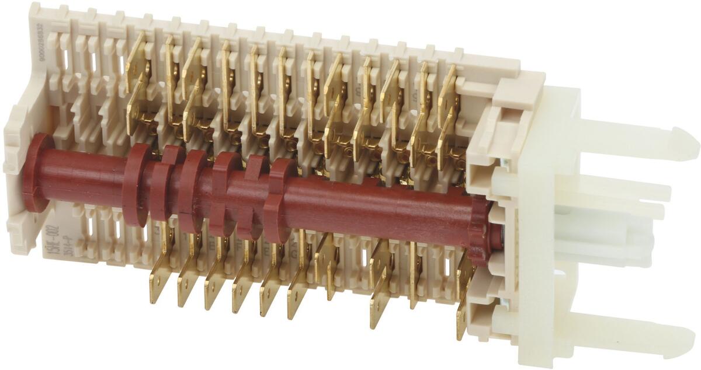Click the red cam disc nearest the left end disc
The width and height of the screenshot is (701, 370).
(x=136, y=186)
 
